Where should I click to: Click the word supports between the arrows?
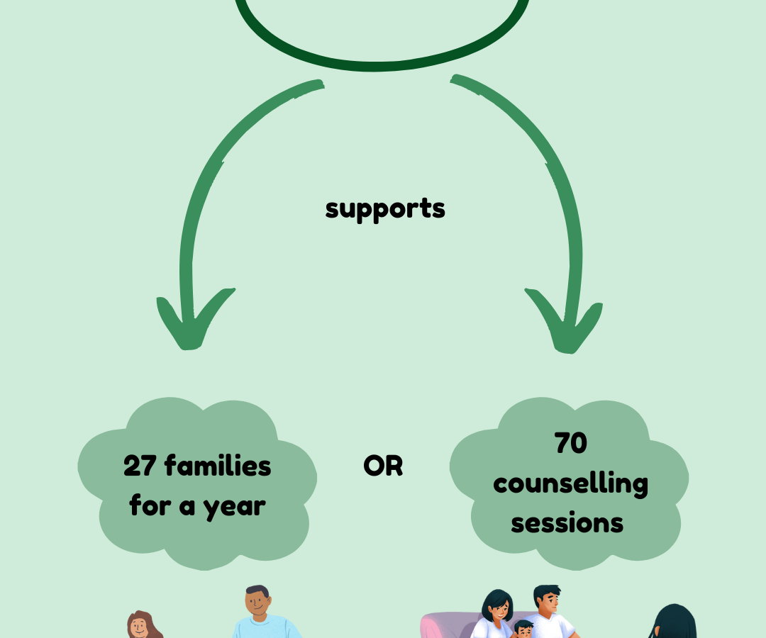385,208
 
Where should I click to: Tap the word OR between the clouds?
383,466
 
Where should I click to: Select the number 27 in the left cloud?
140,466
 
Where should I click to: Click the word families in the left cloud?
218,466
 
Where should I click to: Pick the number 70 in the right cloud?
570,443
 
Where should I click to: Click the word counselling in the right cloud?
570,484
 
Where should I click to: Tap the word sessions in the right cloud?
567,523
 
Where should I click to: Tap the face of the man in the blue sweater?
257,603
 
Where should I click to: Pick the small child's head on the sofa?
523,629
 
